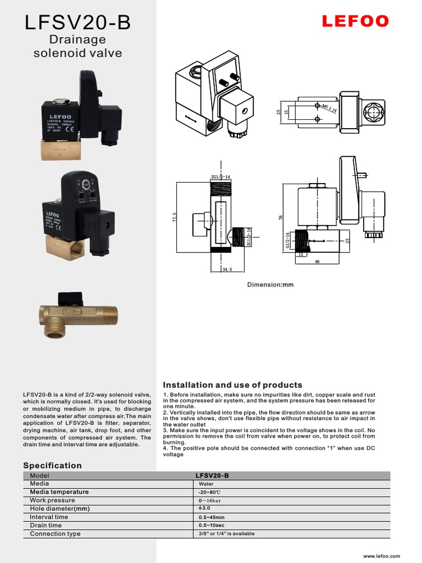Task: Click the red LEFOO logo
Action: [355, 21]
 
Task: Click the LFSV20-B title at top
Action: [77, 23]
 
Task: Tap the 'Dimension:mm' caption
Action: [270, 285]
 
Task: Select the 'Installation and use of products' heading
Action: [233, 385]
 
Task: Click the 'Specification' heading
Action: [52, 465]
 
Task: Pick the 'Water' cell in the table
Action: [206, 484]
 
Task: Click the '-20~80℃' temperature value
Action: [210, 492]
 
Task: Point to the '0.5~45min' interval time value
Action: [212, 517]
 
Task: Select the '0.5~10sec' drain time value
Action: [211, 526]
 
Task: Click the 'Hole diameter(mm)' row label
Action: [59, 509]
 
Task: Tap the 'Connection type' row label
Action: [55, 534]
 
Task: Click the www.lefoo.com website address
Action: [382, 556]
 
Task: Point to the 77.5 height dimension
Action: [174, 218]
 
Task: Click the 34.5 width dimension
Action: [226, 269]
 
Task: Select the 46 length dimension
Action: [317, 262]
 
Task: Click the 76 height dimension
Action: [280, 218]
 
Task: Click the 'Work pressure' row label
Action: [52, 500]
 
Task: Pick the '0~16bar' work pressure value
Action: [210, 501]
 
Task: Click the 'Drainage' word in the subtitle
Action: [77, 40]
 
